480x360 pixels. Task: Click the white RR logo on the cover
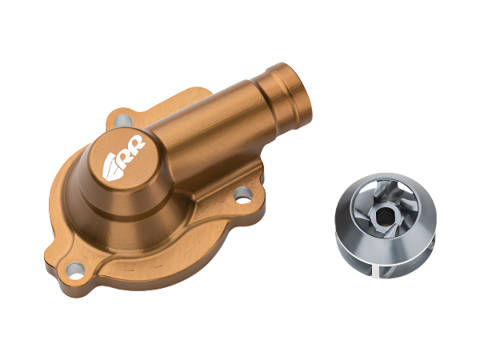[x=124, y=158]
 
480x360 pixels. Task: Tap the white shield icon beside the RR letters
[x=112, y=169]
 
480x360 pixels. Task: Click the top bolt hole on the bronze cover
[x=123, y=120]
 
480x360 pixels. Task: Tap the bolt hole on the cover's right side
[x=242, y=195]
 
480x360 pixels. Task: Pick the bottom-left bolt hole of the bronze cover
[x=75, y=270]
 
